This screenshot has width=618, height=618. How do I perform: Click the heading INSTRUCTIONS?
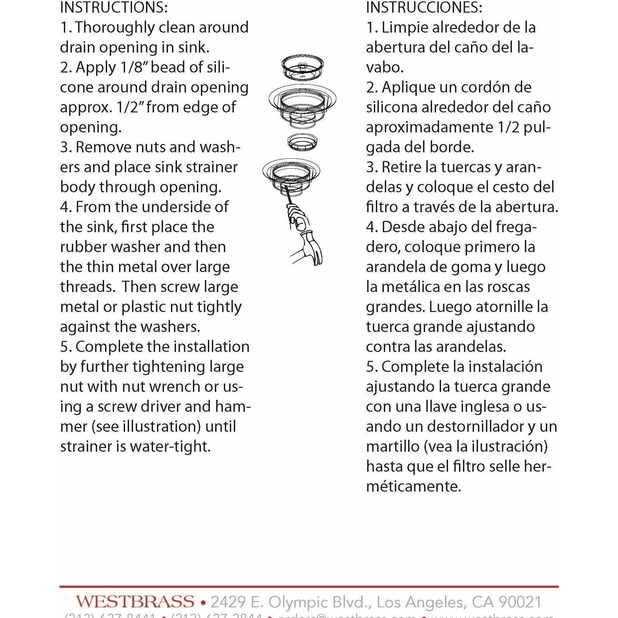click(114, 7)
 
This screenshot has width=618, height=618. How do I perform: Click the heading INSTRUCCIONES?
click(424, 7)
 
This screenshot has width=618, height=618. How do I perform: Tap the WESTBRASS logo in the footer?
click(135, 602)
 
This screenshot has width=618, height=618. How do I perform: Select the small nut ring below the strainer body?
click(302, 142)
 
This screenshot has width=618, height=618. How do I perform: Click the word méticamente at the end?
click(413, 486)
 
